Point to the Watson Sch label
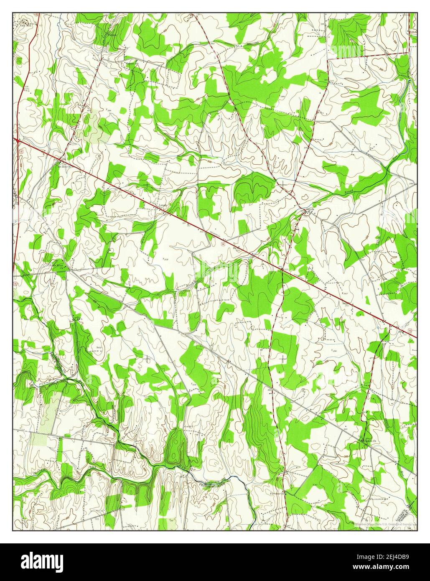coord(131,64)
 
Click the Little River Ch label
coord(58,264)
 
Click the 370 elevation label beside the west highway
coord(27,89)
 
